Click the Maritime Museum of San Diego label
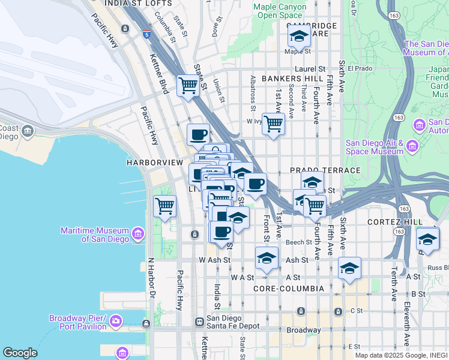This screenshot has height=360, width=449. pyautogui.click(x=95, y=235)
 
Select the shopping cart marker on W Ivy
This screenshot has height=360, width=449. pyautogui.click(x=273, y=124)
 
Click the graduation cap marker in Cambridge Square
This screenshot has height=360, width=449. pyautogui.click(x=298, y=37)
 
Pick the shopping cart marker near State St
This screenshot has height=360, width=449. pyautogui.click(x=188, y=86)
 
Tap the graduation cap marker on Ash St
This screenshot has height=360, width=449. pyautogui.click(x=267, y=259)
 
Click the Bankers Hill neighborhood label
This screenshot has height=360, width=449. pyautogui.click(x=292, y=79)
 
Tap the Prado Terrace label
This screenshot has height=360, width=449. pyautogui.click(x=325, y=170)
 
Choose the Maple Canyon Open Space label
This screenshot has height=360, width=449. pyautogui.click(x=280, y=11)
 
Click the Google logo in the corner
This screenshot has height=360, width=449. pyautogui.click(x=20, y=353)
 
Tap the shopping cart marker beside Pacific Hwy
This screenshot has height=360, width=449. pyautogui.click(x=164, y=206)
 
